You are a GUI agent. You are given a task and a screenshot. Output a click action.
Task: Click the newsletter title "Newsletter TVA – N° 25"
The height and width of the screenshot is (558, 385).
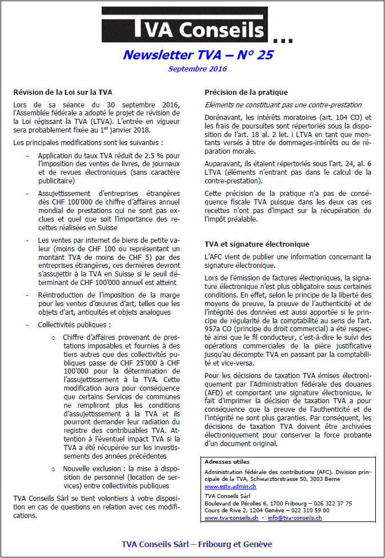pyautogui.click(x=198, y=55)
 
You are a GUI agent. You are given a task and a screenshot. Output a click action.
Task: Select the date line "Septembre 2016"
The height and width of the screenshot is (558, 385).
pyautogui.click(x=198, y=69)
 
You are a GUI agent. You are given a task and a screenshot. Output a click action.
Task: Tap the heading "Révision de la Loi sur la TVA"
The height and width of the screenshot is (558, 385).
pyautogui.click(x=63, y=92)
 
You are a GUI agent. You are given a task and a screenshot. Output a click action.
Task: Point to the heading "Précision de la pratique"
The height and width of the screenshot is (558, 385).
pyautogui.click(x=246, y=92)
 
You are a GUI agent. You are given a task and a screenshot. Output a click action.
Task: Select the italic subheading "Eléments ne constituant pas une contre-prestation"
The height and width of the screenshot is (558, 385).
pyautogui.click(x=283, y=105)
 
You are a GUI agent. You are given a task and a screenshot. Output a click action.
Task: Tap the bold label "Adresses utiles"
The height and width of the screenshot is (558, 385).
pyautogui.click(x=227, y=461)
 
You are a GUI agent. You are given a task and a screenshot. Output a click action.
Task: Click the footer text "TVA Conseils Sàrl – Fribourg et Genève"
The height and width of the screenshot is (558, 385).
pyautogui.click(x=197, y=544)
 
